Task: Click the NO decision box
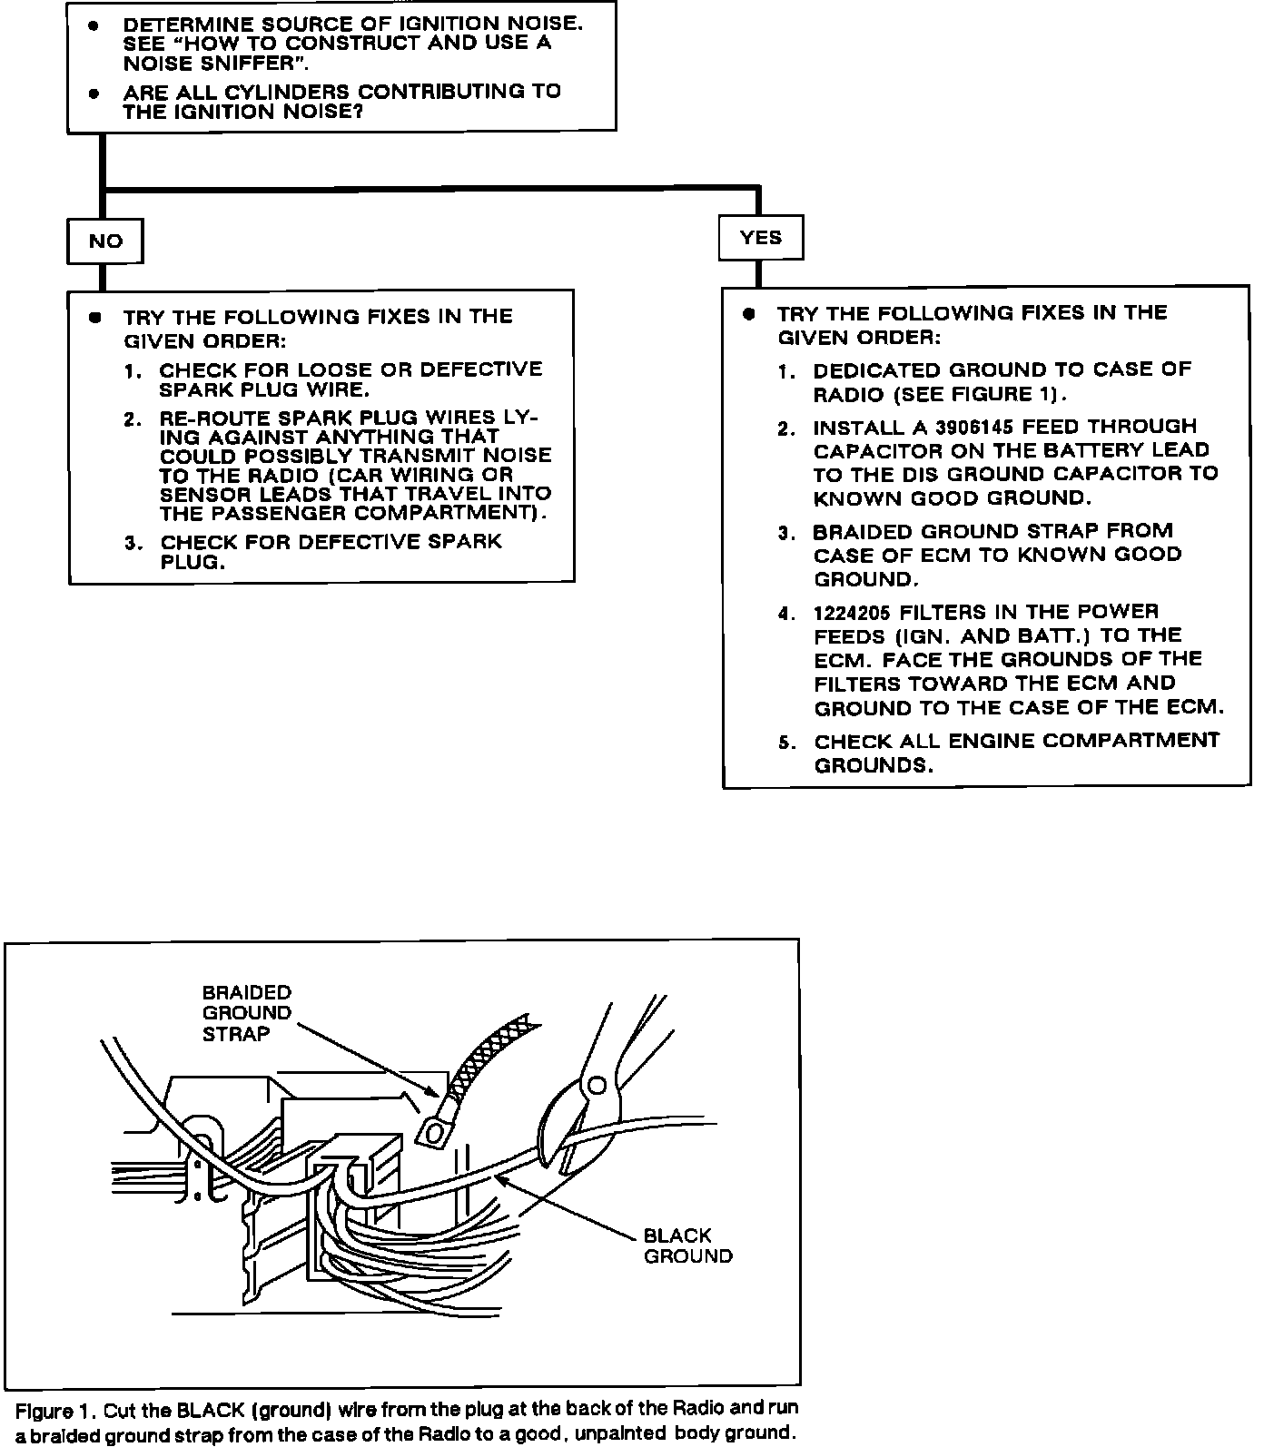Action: [x=105, y=241]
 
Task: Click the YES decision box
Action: [x=761, y=237]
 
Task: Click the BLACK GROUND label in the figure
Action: [x=687, y=1245]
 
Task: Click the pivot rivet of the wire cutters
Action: [x=597, y=1084]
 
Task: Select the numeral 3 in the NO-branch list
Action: [x=132, y=543]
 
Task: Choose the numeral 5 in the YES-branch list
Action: [x=785, y=743]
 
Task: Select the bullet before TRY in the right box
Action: [x=748, y=314]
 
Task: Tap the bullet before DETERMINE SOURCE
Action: [x=94, y=25]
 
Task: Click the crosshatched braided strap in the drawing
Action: [x=490, y=1053]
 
